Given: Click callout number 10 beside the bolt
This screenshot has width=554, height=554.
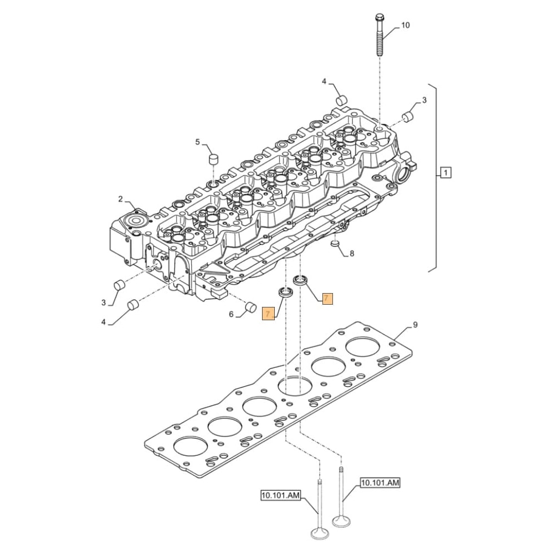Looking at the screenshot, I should point(406,25).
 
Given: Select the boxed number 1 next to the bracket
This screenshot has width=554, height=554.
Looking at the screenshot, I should point(446,173).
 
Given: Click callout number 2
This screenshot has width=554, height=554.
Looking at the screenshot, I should point(120,199).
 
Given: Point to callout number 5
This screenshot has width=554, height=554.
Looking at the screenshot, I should point(198,142).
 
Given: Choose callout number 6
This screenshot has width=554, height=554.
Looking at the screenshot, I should point(231,314).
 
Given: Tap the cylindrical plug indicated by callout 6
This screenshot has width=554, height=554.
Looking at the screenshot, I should point(250,306).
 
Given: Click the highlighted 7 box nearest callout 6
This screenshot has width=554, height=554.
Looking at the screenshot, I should point(268,314).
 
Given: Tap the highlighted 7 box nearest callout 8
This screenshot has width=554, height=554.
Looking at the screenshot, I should point(327,299).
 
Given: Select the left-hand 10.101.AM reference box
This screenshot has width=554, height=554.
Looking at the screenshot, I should point(280,495).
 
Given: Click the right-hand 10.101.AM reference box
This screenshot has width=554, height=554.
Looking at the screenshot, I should point(379,483).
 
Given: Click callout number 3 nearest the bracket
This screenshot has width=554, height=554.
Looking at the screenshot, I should point(424,100).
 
